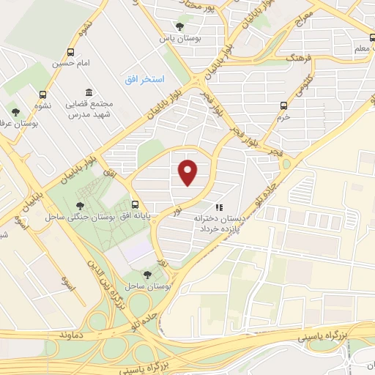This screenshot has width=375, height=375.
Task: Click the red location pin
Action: click(x=188, y=171)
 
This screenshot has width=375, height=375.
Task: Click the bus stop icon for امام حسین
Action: click(x=70, y=53)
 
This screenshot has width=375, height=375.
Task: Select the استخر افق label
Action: click(x=144, y=78)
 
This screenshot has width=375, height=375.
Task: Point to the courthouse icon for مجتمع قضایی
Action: click(x=89, y=93)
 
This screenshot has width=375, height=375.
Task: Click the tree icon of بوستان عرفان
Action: click(x=15, y=112)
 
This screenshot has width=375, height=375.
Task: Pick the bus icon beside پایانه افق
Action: click(x=135, y=205)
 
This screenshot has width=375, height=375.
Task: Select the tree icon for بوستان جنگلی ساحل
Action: click(x=80, y=206)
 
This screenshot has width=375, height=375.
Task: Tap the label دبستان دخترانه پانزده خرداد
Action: click(x=223, y=223)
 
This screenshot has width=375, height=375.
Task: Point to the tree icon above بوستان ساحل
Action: click(x=147, y=274)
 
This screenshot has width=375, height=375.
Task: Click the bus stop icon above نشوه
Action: click(x=42, y=94)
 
